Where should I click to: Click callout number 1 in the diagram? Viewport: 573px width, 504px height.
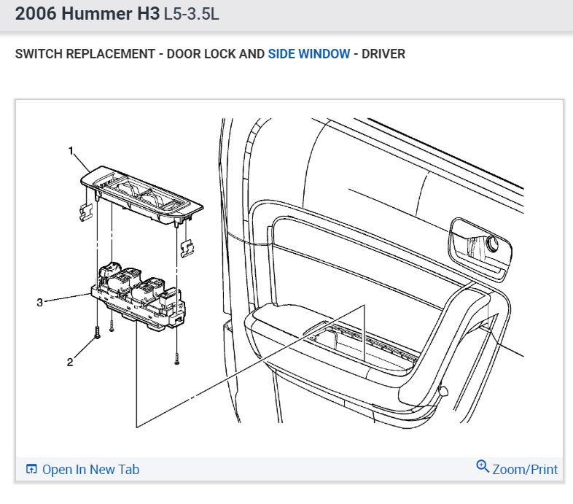point(71,150)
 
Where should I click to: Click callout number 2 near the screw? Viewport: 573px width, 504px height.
point(70,362)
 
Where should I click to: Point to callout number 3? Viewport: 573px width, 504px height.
point(40,303)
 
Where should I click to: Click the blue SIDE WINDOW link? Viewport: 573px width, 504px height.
point(309,54)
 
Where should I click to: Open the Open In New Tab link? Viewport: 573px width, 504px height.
point(90,469)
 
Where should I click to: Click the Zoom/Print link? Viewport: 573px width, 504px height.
point(525,469)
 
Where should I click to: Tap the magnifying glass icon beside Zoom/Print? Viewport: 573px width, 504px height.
point(483,466)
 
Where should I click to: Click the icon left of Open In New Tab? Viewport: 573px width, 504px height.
point(31,469)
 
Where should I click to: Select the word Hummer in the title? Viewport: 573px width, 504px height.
point(96,14)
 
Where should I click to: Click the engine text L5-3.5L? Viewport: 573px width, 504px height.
point(191,14)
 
